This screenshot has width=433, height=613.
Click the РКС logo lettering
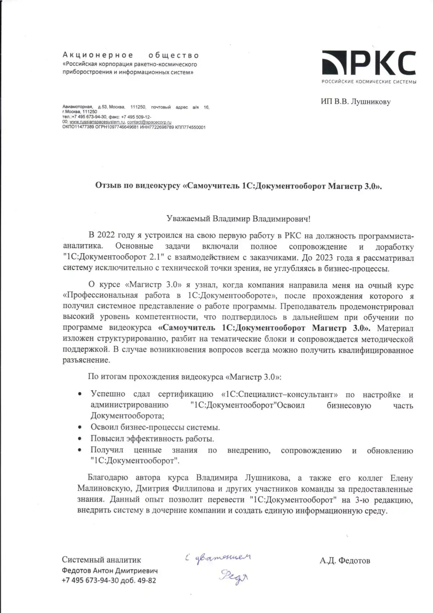click(379, 64)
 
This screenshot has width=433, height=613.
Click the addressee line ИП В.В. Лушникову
click(355, 102)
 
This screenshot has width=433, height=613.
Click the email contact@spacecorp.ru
click(149, 122)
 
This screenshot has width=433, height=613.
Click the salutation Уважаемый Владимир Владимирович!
click(238, 219)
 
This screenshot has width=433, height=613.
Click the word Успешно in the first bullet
click(108, 394)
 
